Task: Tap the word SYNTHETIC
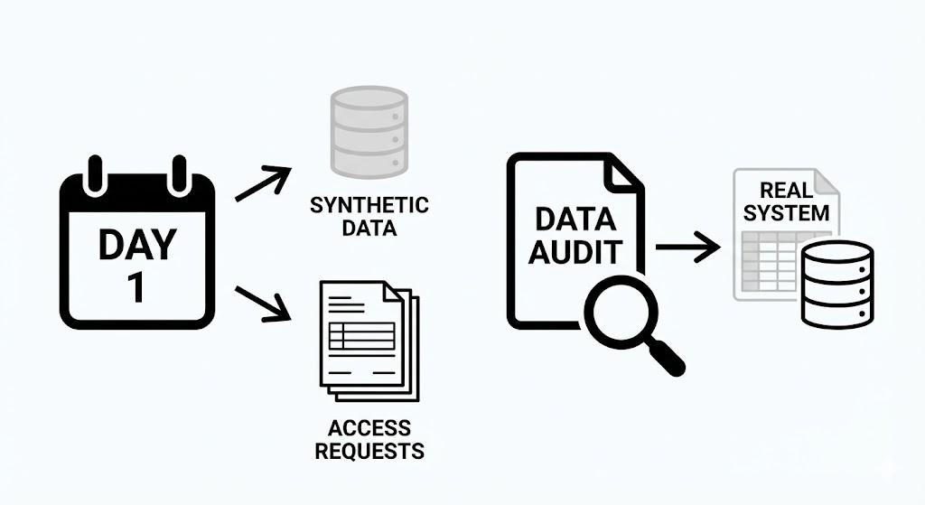click(x=369, y=206)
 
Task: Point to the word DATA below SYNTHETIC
click(x=369, y=228)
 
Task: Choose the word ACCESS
click(x=369, y=427)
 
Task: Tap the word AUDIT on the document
click(x=575, y=252)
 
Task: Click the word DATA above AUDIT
click(x=575, y=219)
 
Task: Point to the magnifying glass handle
click(x=669, y=359)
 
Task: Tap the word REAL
click(x=787, y=191)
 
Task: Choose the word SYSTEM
click(x=787, y=213)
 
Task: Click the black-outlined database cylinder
click(x=839, y=284)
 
